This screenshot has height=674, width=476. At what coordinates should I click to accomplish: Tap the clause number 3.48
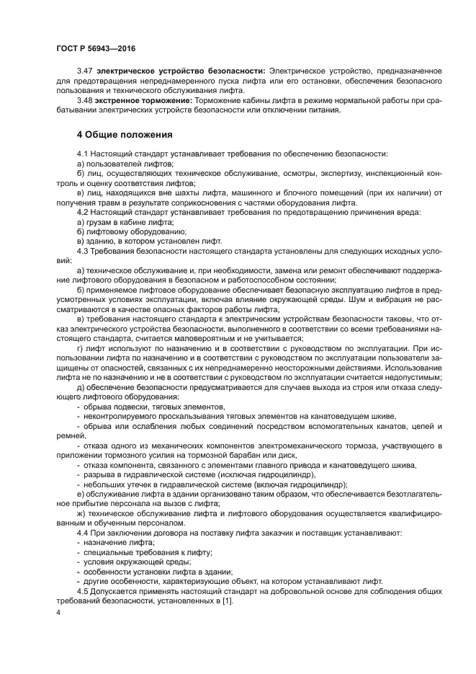pyautogui.click(x=85, y=100)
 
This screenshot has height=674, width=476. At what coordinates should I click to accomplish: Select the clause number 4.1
pyautogui.click(x=83, y=154)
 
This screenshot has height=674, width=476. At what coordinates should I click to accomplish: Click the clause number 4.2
pyautogui.click(x=83, y=213)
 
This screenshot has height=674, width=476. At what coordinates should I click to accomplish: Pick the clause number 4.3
pyautogui.click(x=83, y=250)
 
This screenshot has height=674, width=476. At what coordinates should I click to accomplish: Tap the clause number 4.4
pyautogui.click(x=83, y=532)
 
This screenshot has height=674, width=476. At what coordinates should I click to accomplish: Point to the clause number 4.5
pyautogui.click(x=83, y=591)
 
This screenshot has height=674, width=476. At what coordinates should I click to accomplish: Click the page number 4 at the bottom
pyautogui.click(x=58, y=612)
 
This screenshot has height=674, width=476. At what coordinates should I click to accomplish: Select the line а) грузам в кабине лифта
pyautogui.click(x=125, y=222)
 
